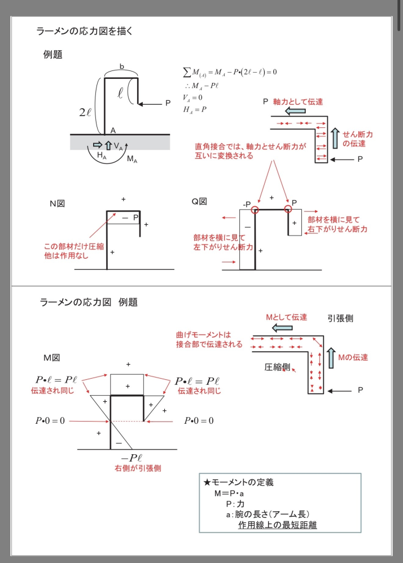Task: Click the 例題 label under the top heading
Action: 52,55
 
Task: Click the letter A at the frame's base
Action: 113,130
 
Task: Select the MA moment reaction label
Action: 132,159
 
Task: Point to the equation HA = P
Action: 195,109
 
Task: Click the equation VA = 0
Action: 192,97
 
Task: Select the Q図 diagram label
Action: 199,201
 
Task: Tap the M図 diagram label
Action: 52,357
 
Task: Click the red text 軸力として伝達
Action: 298,101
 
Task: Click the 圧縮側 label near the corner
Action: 277,367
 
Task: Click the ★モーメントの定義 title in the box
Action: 239,482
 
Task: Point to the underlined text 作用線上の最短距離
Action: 277,525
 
